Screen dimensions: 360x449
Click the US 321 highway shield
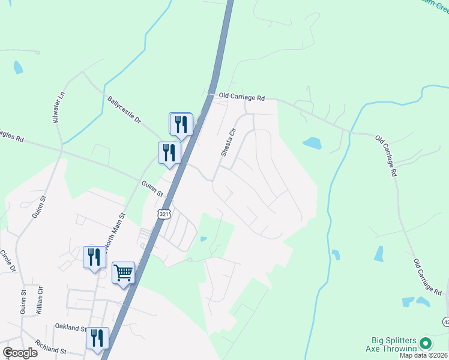tap(164, 214)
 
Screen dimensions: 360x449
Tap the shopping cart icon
tap(123, 273)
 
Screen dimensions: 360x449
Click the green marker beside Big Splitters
tap(426, 343)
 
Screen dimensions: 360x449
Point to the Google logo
tap(20, 353)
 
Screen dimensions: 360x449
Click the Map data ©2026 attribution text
tap(424, 355)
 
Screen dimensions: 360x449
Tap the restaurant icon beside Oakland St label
tap(97, 338)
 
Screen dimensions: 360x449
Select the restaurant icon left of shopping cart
tap(94, 257)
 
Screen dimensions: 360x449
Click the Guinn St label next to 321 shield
tap(152, 190)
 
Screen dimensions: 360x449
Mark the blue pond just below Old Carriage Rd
tap(312, 143)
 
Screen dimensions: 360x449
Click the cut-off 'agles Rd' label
tap(11, 136)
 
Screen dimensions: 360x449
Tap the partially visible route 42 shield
tap(446, 322)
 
